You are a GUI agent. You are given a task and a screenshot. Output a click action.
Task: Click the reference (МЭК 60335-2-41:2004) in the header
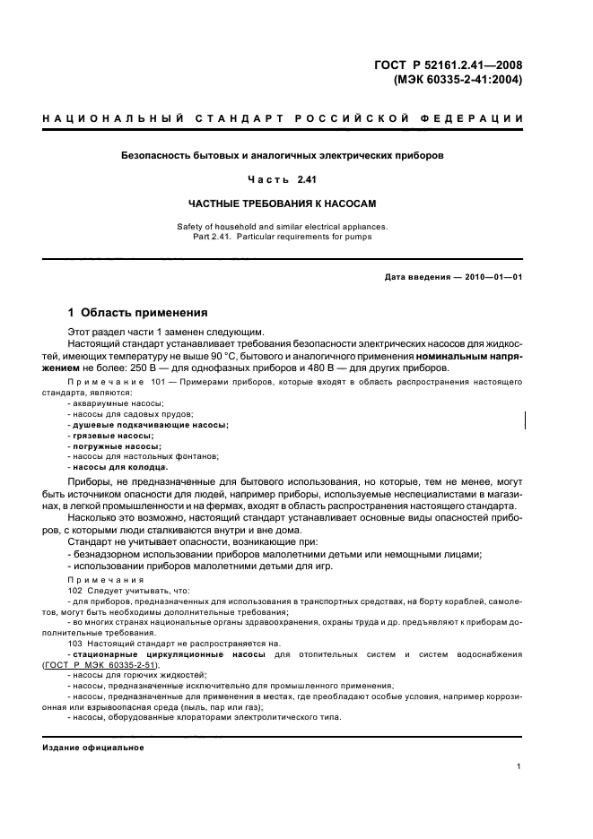click(458, 78)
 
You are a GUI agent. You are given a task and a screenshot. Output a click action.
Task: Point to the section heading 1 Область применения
click(138, 313)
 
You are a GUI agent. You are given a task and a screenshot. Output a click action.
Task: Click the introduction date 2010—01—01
click(484, 276)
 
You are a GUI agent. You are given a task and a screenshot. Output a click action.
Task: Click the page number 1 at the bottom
click(519, 766)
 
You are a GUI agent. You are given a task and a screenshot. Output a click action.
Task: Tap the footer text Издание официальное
click(92, 747)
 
